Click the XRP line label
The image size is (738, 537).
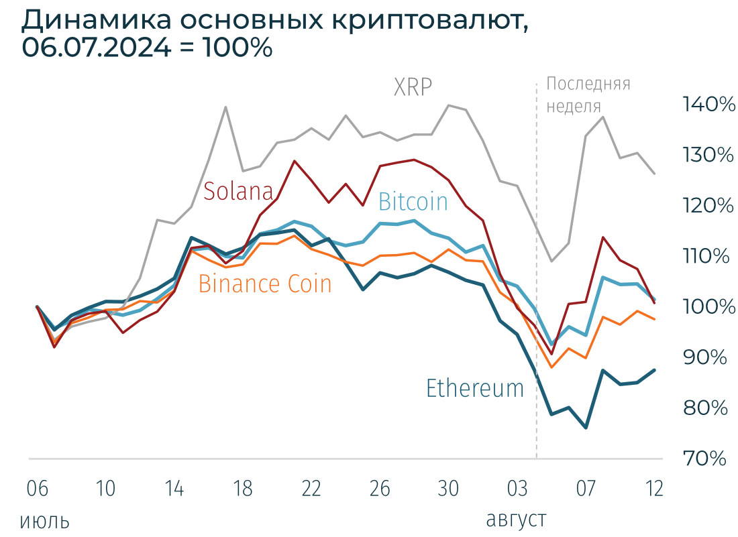(x=413, y=87)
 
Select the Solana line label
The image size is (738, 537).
(x=239, y=191)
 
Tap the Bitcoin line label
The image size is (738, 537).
(x=413, y=202)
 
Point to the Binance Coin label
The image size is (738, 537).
(x=265, y=284)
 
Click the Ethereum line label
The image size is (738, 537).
(x=475, y=388)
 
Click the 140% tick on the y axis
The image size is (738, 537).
(x=708, y=105)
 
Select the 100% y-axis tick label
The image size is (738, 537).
(x=708, y=307)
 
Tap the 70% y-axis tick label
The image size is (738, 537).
(x=705, y=459)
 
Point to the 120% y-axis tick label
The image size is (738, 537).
(x=708, y=206)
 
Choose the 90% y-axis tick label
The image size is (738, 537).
(x=705, y=357)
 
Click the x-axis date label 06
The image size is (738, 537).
(x=37, y=489)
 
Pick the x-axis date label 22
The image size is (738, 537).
(x=311, y=489)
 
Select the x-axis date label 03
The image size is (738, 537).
(x=517, y=489)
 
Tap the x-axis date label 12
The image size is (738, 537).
(x=654, y=489)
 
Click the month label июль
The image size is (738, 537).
(x=44, y=521)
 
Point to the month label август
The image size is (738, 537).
(x=515, y=520)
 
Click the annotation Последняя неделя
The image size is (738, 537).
(x=588, y=95)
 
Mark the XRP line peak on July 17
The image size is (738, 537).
(x=225, y=107)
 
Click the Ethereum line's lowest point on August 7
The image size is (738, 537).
(x=586, y=428)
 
